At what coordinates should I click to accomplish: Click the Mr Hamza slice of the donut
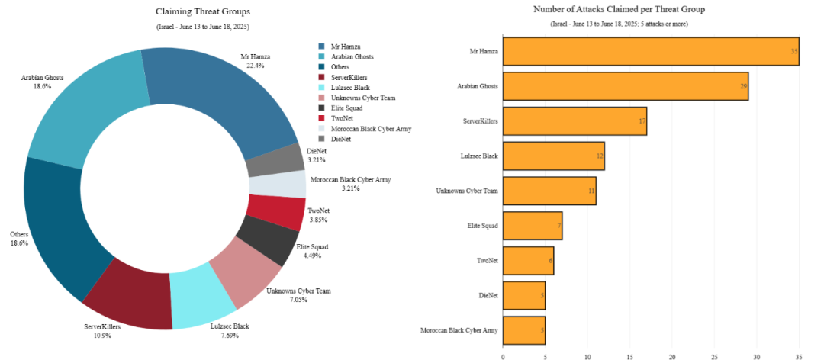[x=221, y=95]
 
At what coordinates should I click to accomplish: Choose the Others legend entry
[x=340, y=67]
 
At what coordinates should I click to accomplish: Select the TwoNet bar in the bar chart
[x=528, y=260]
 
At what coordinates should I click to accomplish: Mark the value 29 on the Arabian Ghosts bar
[x=743, y=86]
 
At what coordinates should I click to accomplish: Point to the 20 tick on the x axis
[x=672, y=355]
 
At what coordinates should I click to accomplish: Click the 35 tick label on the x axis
[x=799, y=355]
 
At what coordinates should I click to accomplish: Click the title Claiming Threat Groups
[x=202, y=11]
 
